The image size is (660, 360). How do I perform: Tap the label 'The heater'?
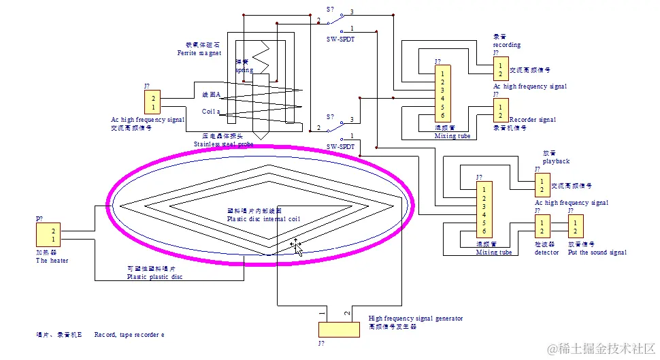coord(52,261)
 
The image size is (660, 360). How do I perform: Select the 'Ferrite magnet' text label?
coord(199,53)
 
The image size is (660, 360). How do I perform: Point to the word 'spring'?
coord(244,70)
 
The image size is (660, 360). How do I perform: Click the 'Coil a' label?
coord(211,111)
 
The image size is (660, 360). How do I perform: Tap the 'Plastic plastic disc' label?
coord(154,277)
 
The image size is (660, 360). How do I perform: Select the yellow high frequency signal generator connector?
coord(338,329)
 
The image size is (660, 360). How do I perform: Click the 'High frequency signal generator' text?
coord(415,318)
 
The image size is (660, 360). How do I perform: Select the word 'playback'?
coord(556,161)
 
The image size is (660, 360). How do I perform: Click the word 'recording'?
coord(507,45)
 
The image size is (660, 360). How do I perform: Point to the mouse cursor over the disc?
coord(296,246)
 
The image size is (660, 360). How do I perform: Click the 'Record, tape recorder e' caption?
coord(129,335)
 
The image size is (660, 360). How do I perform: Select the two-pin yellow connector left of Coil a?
coord(153,103)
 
